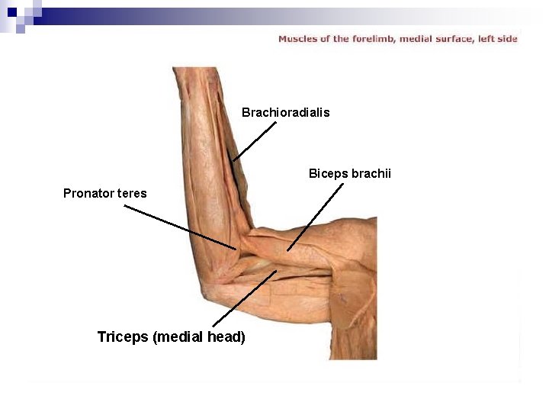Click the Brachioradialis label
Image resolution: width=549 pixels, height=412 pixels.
[285, 112]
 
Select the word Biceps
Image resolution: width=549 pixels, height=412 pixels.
[328, 174]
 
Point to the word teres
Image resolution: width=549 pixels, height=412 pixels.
[132, 193]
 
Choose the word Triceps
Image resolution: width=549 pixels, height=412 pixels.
[123, 336]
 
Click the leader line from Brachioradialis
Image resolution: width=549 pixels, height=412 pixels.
[255, 141]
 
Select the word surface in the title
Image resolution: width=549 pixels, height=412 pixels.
[457, 38]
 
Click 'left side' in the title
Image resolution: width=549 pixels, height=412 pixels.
[500, 38]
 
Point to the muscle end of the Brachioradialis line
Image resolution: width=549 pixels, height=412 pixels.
[233, 160]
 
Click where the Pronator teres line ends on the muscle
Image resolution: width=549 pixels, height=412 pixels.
[236, 249]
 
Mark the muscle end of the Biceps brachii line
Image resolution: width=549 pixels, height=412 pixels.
[287, 250]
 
